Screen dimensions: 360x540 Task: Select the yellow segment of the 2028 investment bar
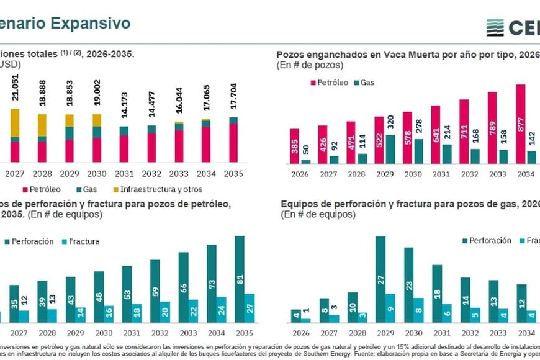[x=42, y=125]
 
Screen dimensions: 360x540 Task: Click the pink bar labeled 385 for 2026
[x=294, y=146]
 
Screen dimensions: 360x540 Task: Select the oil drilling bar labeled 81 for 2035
[x=240, y=279]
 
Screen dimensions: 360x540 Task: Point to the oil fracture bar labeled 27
[x=249, y=308]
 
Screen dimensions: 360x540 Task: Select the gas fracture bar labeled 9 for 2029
[x=390, y=308]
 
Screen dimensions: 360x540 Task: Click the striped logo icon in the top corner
[x=495, y=27]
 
